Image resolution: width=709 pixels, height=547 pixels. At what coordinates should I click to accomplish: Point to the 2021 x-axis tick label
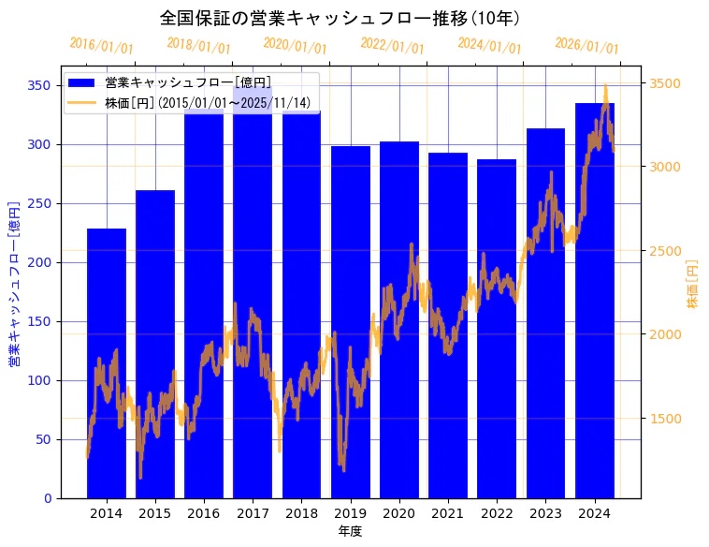click(448, 513)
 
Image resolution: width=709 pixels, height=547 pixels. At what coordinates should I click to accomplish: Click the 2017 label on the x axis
click(253, 513)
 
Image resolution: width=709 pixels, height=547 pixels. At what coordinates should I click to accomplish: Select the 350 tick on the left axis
click(39, 85)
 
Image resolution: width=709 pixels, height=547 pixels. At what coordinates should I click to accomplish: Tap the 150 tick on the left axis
click(39, 321)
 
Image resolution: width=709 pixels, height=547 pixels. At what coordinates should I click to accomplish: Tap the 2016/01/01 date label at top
click(102, 46)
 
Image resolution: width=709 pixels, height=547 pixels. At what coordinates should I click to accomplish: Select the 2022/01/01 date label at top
click(393, 46)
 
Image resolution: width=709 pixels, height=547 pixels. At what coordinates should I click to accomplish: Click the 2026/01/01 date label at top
click(586, 46)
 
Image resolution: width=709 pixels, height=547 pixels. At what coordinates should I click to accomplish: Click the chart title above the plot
click(340, 18)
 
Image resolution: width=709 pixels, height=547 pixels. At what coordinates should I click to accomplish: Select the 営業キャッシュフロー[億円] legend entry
click(188, 82)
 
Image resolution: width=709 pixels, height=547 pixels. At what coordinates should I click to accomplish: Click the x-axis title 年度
click(350, 531)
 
